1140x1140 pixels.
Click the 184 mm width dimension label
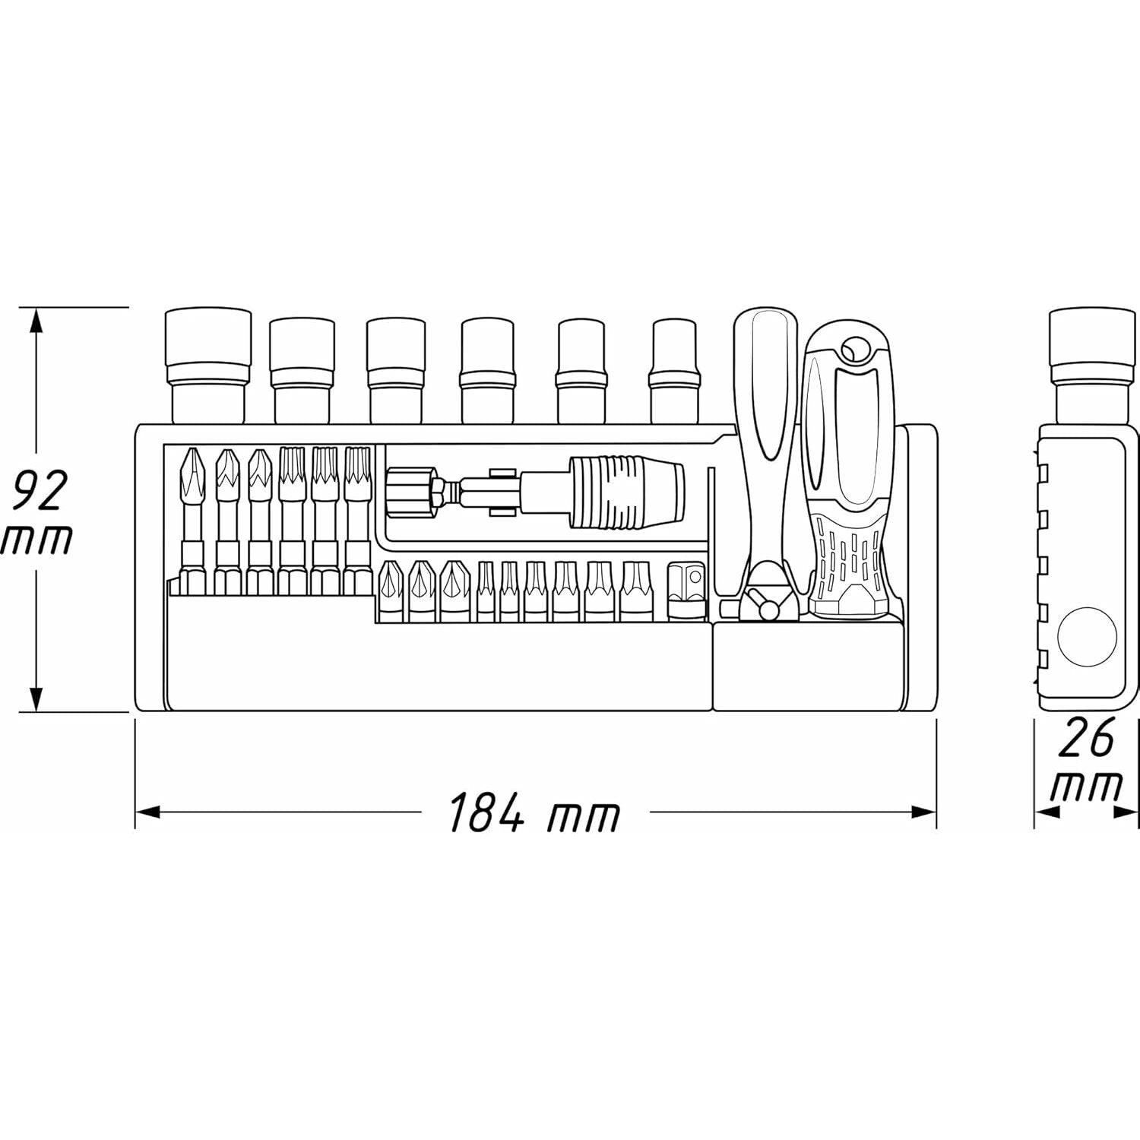(534, 812)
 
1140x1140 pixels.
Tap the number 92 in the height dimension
(40, 490)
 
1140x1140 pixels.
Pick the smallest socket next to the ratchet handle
(674, 371)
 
